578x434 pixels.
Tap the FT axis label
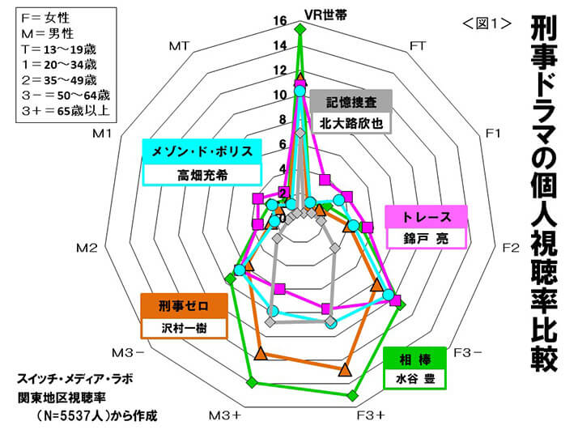(418, 46)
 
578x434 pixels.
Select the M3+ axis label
(224, 415)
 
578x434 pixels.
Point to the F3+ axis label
(371, 415)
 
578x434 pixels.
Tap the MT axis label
(180, 46)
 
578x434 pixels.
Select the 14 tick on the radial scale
(279, 45)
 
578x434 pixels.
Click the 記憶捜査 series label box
(351, 103)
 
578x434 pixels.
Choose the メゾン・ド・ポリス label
(202, 151)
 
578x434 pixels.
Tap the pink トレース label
(425, 217)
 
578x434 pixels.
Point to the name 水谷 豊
(414, 377)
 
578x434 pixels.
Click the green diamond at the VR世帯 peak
(300, 30)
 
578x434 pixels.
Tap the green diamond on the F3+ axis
(352, 395)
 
